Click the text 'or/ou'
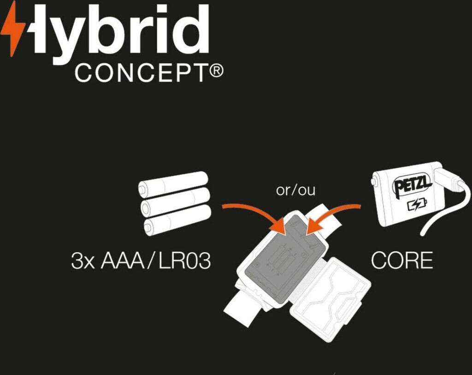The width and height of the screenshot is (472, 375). click(x=295, y=190)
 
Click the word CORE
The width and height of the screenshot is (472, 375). click(x=402, y=261)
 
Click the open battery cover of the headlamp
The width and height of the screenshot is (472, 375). click(x=330, y=294)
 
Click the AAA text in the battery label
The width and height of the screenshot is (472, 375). click(x=126, y=261)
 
